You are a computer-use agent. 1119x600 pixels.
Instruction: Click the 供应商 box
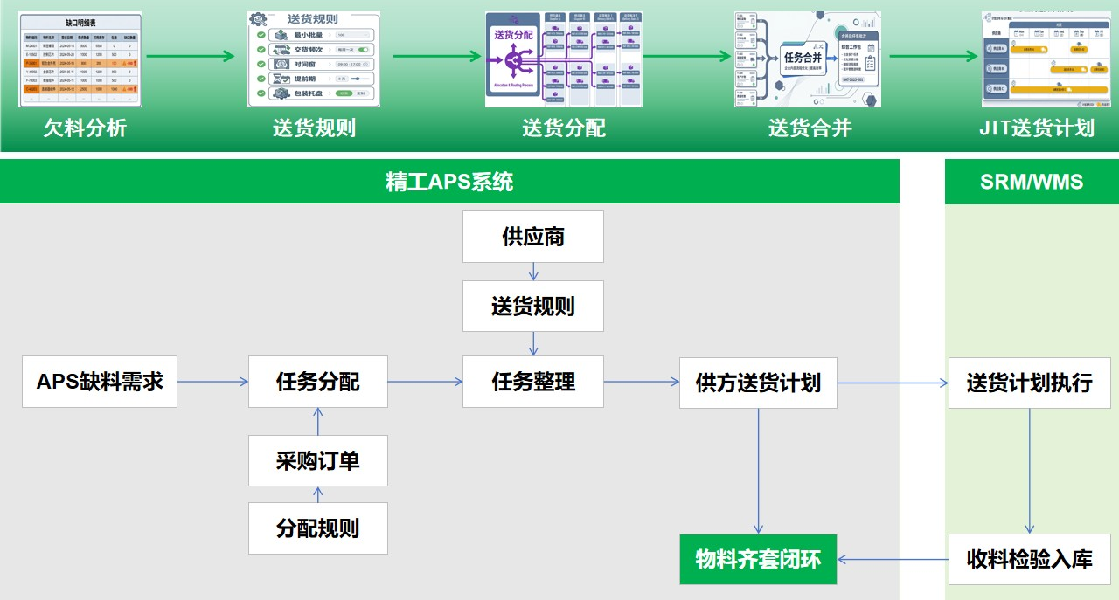(x=533, y=237)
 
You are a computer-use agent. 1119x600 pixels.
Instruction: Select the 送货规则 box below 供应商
(x=533, y=306)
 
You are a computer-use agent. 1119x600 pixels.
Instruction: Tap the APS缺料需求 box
(x=100, y=382)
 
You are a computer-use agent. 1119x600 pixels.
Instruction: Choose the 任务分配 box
(x=318, y=382)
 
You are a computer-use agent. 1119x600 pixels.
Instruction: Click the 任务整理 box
(x=533, y=382)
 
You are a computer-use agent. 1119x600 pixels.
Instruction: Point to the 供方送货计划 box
(x=758, y=383)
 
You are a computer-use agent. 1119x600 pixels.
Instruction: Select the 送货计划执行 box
(x=1029, y=383)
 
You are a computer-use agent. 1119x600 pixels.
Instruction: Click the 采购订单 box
(x=318, y=460)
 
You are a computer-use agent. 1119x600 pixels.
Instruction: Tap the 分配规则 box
(x=318, y=528)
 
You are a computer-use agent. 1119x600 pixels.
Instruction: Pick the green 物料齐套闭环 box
(x=758, y=559)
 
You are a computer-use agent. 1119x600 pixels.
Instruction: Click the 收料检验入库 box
(x=1029, y=559)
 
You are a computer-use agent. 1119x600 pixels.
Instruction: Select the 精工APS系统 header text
(x=449, y=182)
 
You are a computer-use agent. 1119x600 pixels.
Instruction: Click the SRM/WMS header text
(x=1032, y=182)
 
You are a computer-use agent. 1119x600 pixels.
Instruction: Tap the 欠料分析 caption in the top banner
(x=85, y=128)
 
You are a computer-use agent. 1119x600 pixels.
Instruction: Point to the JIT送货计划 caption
(x=1037, y=128)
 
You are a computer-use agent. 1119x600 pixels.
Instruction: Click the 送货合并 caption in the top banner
(x=810, y=128)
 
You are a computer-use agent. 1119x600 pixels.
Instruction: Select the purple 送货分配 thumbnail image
(x=564, y=59)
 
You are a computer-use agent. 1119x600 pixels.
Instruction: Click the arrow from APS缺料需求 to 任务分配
(x=212, y=382)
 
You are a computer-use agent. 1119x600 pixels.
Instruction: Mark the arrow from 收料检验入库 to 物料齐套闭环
(x=893, y=559)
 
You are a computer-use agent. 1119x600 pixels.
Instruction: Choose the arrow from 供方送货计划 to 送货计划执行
(x=893, y=383)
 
